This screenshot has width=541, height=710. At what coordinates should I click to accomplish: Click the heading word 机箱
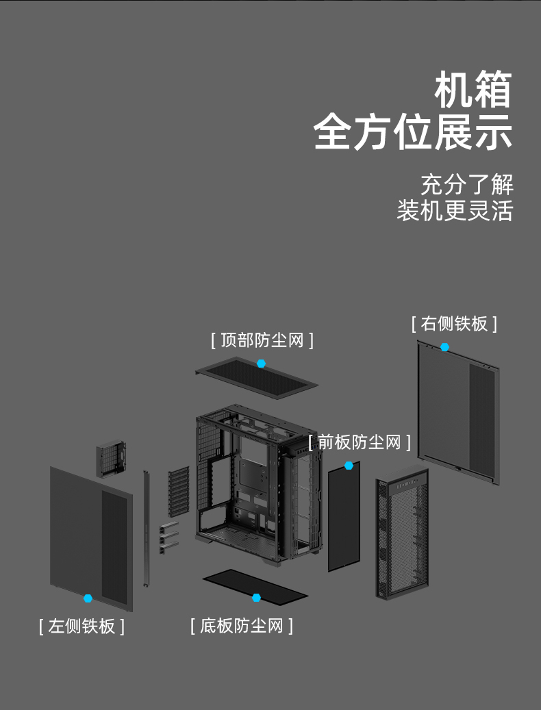pyautogui.click(x=473, y=90)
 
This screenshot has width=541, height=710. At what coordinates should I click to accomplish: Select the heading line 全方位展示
pyautogui.click(x=413, y=132)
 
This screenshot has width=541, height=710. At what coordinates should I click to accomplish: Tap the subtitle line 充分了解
pyautogui.click(x=467, y=184)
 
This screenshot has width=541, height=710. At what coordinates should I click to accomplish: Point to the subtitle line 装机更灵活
pyautogui.click(x=455, y=211)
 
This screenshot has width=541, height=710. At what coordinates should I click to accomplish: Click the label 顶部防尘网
pyautogui.click(x=262, y=340)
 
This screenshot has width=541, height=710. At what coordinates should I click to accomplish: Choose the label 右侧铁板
pyautogui.click(x=454, y=324)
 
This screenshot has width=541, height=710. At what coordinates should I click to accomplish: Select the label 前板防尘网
pyautogui.click(x=360, y=442)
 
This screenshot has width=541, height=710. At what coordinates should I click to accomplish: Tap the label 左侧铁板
pyautogui.click(x=81, y=626)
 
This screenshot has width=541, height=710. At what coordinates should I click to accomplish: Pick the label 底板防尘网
pyautogui.click(x=242, y=626)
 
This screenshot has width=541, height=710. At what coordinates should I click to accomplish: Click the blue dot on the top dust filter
pyautogui.click(x=261, y=363)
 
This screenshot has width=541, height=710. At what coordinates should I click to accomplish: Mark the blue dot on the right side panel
pyautogui.click(x=444, y=347)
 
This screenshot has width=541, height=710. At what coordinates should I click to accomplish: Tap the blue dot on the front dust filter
pyautogui.click(x=349, y=465)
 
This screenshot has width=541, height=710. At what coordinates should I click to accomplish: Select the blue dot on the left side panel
pyautogui.click(x=88, y=598)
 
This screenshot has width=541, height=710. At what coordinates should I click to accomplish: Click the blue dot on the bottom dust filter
pyautogui.click(x=256, y=598)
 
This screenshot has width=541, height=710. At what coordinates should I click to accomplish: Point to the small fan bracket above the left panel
pyautogui.click(x=111, y=459)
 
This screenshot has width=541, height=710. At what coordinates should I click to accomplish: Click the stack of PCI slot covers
pyautogui.click(x=178, y=492)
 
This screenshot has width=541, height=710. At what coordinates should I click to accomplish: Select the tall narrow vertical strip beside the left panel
pyautogui.click(x=146, y=529)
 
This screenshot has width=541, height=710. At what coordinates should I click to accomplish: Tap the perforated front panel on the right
pyautogui.click(x=402, y=534)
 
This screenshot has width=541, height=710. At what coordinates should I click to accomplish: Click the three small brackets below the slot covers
pyautogui.click(x=168, y=538)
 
